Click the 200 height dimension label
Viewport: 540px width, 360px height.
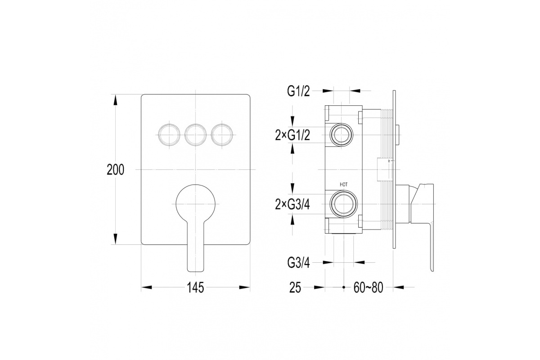coord(116,170)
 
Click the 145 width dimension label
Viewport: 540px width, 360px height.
coord(195,288)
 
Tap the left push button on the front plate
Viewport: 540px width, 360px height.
coord(169,135)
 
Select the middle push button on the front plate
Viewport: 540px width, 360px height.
coord(195,135)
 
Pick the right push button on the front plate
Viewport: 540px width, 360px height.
coord(222,135)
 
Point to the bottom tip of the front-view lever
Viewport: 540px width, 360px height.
coord(195,272)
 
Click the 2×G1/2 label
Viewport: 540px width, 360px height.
coord(292,136)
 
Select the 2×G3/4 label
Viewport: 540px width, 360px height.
coord(292,205)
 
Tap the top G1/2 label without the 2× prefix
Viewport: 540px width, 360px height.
coord(298,91)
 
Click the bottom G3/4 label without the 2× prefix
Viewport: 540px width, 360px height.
coord(298,263)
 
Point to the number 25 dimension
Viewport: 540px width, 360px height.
coord(295,288)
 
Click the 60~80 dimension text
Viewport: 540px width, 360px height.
coord(369,288)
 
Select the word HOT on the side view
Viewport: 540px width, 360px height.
coord(343,184)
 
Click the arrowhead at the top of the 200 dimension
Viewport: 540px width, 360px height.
coord(116,99)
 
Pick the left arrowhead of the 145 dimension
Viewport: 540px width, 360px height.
coord(147,287)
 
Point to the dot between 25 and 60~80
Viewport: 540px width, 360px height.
coord(344,287)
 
